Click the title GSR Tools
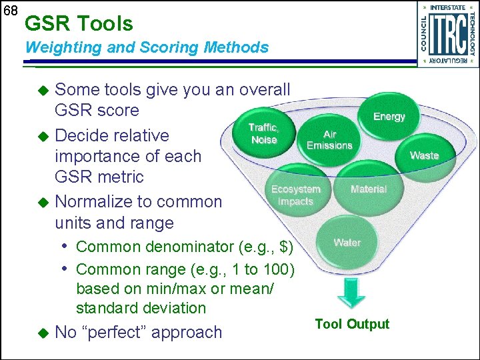pos(79,24)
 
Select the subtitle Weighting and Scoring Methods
pos(147,47)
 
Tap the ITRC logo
pos(447,34)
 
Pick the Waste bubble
pos(424,155)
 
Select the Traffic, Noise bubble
pos(264,133)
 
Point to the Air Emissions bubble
pos(329,140)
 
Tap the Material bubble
pos(369,189)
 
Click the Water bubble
pos(347,243)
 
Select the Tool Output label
pos(352,324)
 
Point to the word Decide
pos(79,135)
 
